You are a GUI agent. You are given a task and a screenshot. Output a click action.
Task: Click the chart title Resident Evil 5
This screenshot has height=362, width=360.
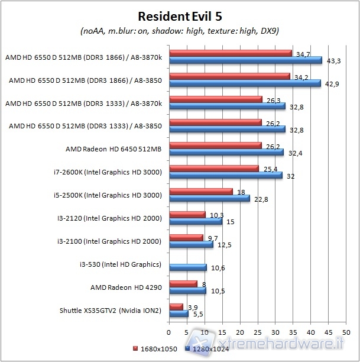point(180,15)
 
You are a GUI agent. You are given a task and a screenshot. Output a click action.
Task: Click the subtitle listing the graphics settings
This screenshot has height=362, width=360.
point(180,31)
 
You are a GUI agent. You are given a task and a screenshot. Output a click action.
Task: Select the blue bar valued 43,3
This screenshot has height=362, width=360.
point(245,60)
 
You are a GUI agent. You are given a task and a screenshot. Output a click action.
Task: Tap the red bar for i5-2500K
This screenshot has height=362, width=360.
point(201,192)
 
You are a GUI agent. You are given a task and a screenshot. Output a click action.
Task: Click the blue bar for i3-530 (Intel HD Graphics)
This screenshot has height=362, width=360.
point(188,267)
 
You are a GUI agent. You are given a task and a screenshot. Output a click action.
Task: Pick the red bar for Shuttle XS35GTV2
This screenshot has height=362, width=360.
point(176,306)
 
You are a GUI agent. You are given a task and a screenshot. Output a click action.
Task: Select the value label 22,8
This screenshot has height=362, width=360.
point(260,199)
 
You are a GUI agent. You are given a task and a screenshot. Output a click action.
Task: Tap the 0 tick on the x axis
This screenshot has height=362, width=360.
point(170,325)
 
